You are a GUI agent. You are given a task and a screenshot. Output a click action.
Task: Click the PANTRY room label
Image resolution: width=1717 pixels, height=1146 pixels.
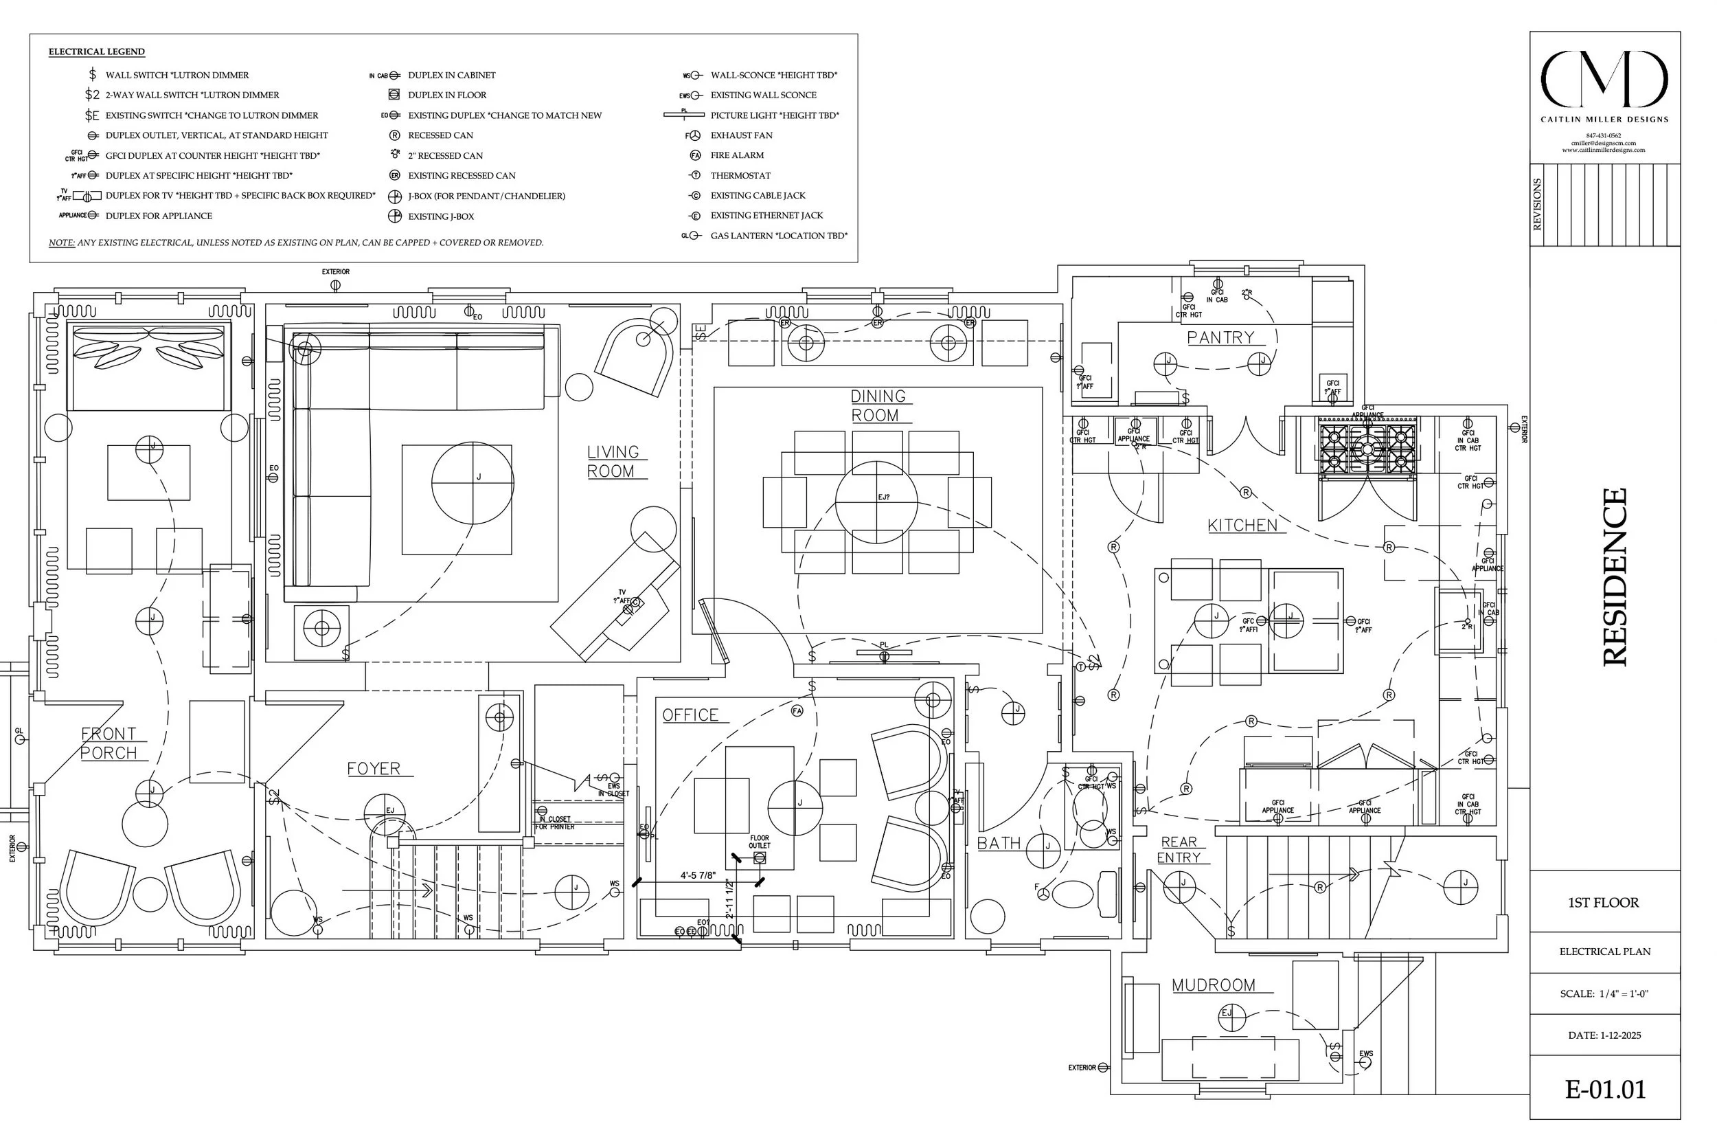(1220, 337)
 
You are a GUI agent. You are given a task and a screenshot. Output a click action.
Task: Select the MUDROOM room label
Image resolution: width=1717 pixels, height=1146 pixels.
(1213, 985)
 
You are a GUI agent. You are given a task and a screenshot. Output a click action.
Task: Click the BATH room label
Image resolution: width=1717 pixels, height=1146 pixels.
(998, 844)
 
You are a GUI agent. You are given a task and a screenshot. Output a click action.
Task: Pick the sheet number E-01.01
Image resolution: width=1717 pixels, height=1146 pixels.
(1604, 1090)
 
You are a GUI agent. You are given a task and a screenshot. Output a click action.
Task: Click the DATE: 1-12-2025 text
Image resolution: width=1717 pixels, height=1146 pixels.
(1604, 1035)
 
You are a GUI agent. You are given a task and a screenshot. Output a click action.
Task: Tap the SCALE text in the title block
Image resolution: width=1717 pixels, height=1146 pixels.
(1604, 994)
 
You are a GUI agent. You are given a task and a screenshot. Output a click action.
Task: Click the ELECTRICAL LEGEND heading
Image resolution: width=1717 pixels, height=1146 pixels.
(96, 52)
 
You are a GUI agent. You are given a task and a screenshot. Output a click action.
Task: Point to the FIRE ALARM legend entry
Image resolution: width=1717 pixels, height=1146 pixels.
(736, 155)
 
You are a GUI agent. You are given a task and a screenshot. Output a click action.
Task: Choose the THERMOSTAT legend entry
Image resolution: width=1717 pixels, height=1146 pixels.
(740, 175)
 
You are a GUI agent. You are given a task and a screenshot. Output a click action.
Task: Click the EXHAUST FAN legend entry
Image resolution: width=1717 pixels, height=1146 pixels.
(741, 135)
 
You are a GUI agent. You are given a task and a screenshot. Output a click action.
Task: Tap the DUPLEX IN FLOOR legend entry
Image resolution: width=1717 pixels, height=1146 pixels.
(446, 95)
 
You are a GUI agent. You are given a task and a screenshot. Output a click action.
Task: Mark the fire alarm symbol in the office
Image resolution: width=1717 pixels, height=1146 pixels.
(797, 710)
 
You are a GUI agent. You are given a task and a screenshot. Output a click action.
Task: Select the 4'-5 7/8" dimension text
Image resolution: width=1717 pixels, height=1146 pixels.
(698, 875)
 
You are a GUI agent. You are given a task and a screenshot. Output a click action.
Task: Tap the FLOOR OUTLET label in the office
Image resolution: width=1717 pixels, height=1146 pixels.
(759, 842)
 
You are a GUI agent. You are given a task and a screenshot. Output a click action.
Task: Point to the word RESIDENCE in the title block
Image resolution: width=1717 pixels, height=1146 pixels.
(1615, 576)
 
